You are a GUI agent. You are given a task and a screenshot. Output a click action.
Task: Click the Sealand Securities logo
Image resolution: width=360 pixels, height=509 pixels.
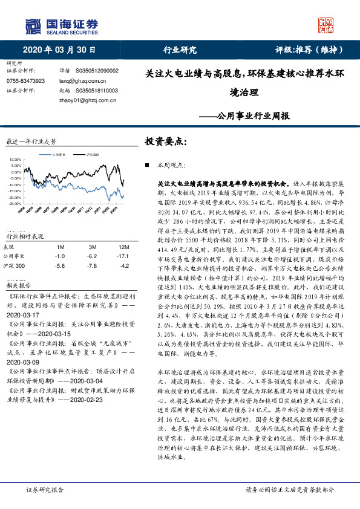pos(61,26)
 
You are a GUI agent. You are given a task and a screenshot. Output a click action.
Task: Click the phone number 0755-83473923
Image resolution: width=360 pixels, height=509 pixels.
pos(26,80)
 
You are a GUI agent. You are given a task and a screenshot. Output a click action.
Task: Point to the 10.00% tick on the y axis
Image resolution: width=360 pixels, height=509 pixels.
pos(16,160)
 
